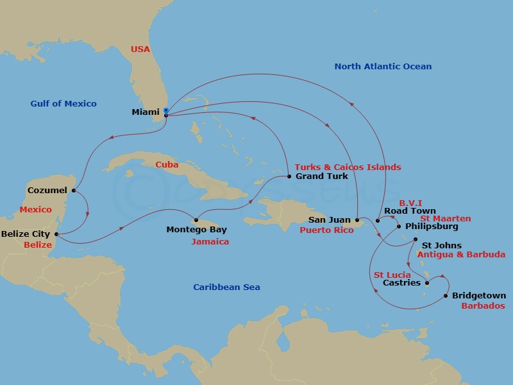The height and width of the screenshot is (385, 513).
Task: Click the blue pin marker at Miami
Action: pos(166,111)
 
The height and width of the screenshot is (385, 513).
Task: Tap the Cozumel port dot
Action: pos(74,190)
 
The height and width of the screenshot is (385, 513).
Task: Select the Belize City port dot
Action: pos(57,234)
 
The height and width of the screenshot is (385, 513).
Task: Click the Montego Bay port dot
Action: pos(196,220)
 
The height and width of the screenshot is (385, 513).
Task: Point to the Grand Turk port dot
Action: pos(289,176)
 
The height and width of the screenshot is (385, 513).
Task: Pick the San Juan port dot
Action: pos(357,220)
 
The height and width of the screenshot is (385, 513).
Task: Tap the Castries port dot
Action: pos(428,282)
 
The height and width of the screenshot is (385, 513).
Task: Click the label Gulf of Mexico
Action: pos(63,103)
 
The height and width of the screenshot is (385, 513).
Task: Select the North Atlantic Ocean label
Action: pos(383,66)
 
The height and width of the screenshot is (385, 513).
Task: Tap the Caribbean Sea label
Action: pos(226,287)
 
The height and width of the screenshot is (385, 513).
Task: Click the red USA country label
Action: pos(140,49)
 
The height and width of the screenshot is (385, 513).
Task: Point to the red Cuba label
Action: pos(166,165)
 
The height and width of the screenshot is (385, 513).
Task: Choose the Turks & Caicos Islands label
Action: pos(348,167)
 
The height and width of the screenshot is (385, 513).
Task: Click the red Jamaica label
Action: pos(210,242)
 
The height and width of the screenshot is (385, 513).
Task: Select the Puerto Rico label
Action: pos(326,230)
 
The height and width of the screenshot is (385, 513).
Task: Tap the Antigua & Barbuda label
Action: pos(461,255)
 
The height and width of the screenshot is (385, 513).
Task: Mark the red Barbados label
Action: pos(483,306)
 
